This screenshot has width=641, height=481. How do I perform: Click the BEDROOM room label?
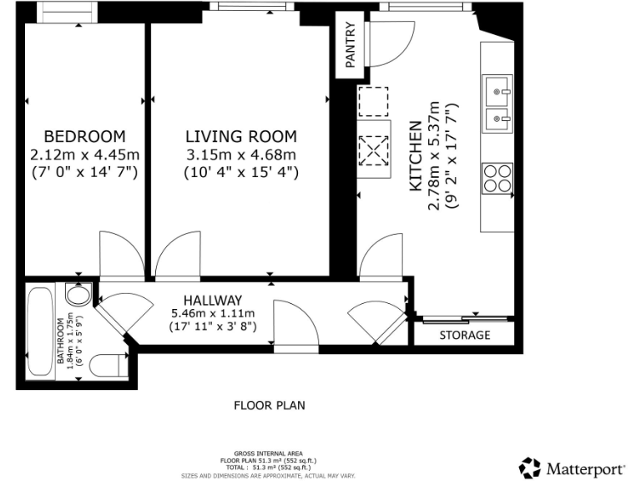(84, 136)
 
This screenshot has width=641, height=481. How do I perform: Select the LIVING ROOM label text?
(240, 136)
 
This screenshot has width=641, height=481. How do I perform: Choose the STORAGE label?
(465, 335)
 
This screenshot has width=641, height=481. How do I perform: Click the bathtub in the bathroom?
(39, 332)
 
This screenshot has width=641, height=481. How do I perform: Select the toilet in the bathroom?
(109, 365)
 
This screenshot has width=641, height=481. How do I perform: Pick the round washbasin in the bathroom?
(77, 296)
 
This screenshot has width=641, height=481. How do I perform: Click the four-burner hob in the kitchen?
(497, 179)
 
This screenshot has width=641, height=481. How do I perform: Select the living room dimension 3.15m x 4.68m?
(240, 154)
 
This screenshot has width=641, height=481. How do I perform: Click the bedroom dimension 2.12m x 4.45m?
(84, 154)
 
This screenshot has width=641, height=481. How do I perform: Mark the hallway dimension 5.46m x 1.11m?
(213, 314)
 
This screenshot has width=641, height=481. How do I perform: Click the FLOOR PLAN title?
(269, 406)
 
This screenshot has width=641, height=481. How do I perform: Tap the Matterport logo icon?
(529, 467)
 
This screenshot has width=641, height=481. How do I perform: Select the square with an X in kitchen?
(372, 152)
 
